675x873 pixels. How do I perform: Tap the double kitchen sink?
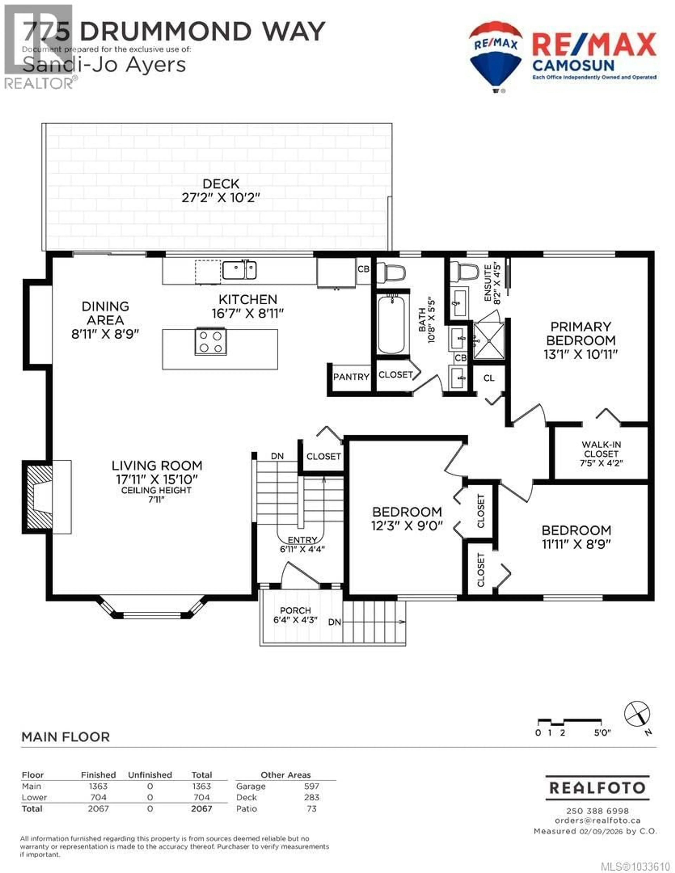[240, 270]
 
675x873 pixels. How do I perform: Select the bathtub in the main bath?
[391, 324]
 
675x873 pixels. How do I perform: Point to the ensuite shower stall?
[489, 341]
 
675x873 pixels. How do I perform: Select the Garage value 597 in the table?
[311, 786]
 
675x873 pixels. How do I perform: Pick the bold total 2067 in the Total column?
[202, 809]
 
